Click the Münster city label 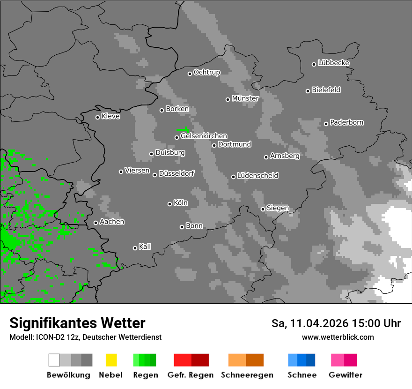(245, 98)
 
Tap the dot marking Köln (169, 204)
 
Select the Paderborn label (346, 122)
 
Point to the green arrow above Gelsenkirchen (183, 129)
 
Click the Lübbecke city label (333, 63)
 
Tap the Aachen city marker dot (96, 223)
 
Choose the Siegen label (278, 208)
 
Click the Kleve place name (110, 116)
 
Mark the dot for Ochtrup (190, 73)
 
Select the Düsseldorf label (177, 173)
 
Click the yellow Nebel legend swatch (111, 360)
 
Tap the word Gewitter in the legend (346, 375)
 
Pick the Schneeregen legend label (247, 375)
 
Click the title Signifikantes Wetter (77, 323)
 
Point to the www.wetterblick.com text (338, 337)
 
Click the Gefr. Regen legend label (191, 375)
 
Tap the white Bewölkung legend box (54, 360)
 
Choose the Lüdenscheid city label (257, 175)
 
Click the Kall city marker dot (135, 248)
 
